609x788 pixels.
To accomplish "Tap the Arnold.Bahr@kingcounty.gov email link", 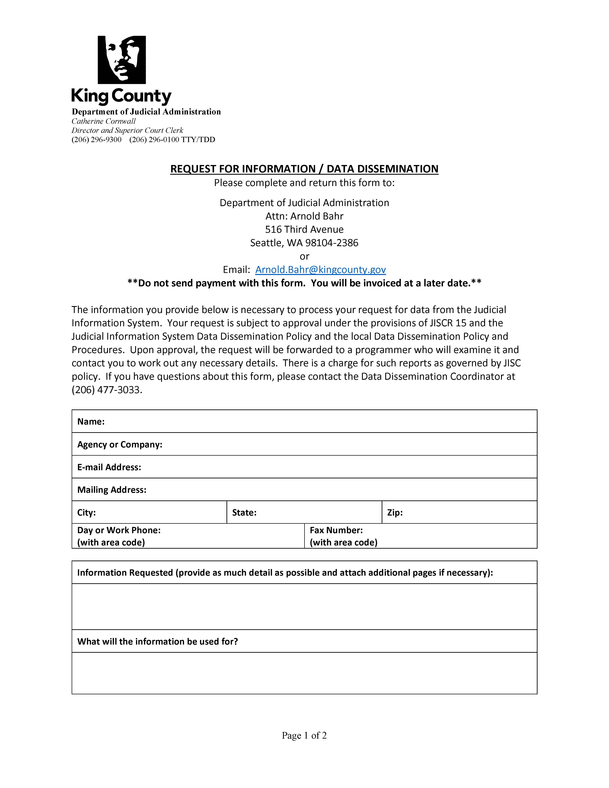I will pos(320,270).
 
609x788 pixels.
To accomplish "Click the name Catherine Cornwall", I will pos(104,121).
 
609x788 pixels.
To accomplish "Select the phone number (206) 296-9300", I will pos(96,140).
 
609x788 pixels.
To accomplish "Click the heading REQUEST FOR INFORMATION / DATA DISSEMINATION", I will pos(304,169).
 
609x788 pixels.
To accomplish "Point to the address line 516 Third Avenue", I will pos(304,230).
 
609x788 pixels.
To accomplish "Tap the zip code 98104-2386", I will pos(332,243).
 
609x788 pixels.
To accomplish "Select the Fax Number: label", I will pos(336,530).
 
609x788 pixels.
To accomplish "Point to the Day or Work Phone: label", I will pos(119,530).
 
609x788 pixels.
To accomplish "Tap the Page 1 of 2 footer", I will pos(304,735).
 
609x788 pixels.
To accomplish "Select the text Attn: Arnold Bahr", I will pos(304,216).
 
